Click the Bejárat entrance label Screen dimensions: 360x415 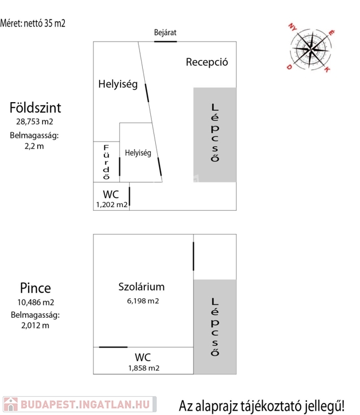coord(165,33)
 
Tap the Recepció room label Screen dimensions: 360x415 coord(206,62)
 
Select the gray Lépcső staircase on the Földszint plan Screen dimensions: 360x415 coord(215,135)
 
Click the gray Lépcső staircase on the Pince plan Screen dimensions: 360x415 coord(215,326)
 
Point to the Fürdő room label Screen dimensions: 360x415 coord(106,162)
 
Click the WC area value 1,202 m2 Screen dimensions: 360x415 coord(112,205)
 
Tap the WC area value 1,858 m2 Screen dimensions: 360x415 coord(144,368)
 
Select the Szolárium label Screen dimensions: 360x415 coord(142,287)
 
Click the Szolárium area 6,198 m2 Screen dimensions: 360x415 coord(143,301)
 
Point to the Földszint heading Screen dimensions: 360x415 coord(35,108)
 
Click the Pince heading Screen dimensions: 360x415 coord(36,288)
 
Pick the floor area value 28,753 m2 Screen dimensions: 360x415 coord(35,122)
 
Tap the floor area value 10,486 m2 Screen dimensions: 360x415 coord(36,302)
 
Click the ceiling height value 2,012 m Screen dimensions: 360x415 coord(35,325)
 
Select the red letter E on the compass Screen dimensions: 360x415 coord(331,33)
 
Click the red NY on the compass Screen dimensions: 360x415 coord(292,27)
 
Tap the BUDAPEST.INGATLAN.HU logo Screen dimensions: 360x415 coord(79,404)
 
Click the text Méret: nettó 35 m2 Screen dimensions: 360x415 coord(32,23)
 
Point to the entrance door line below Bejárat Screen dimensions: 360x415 coord(165,42)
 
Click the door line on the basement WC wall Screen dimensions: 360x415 coord(114,347)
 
